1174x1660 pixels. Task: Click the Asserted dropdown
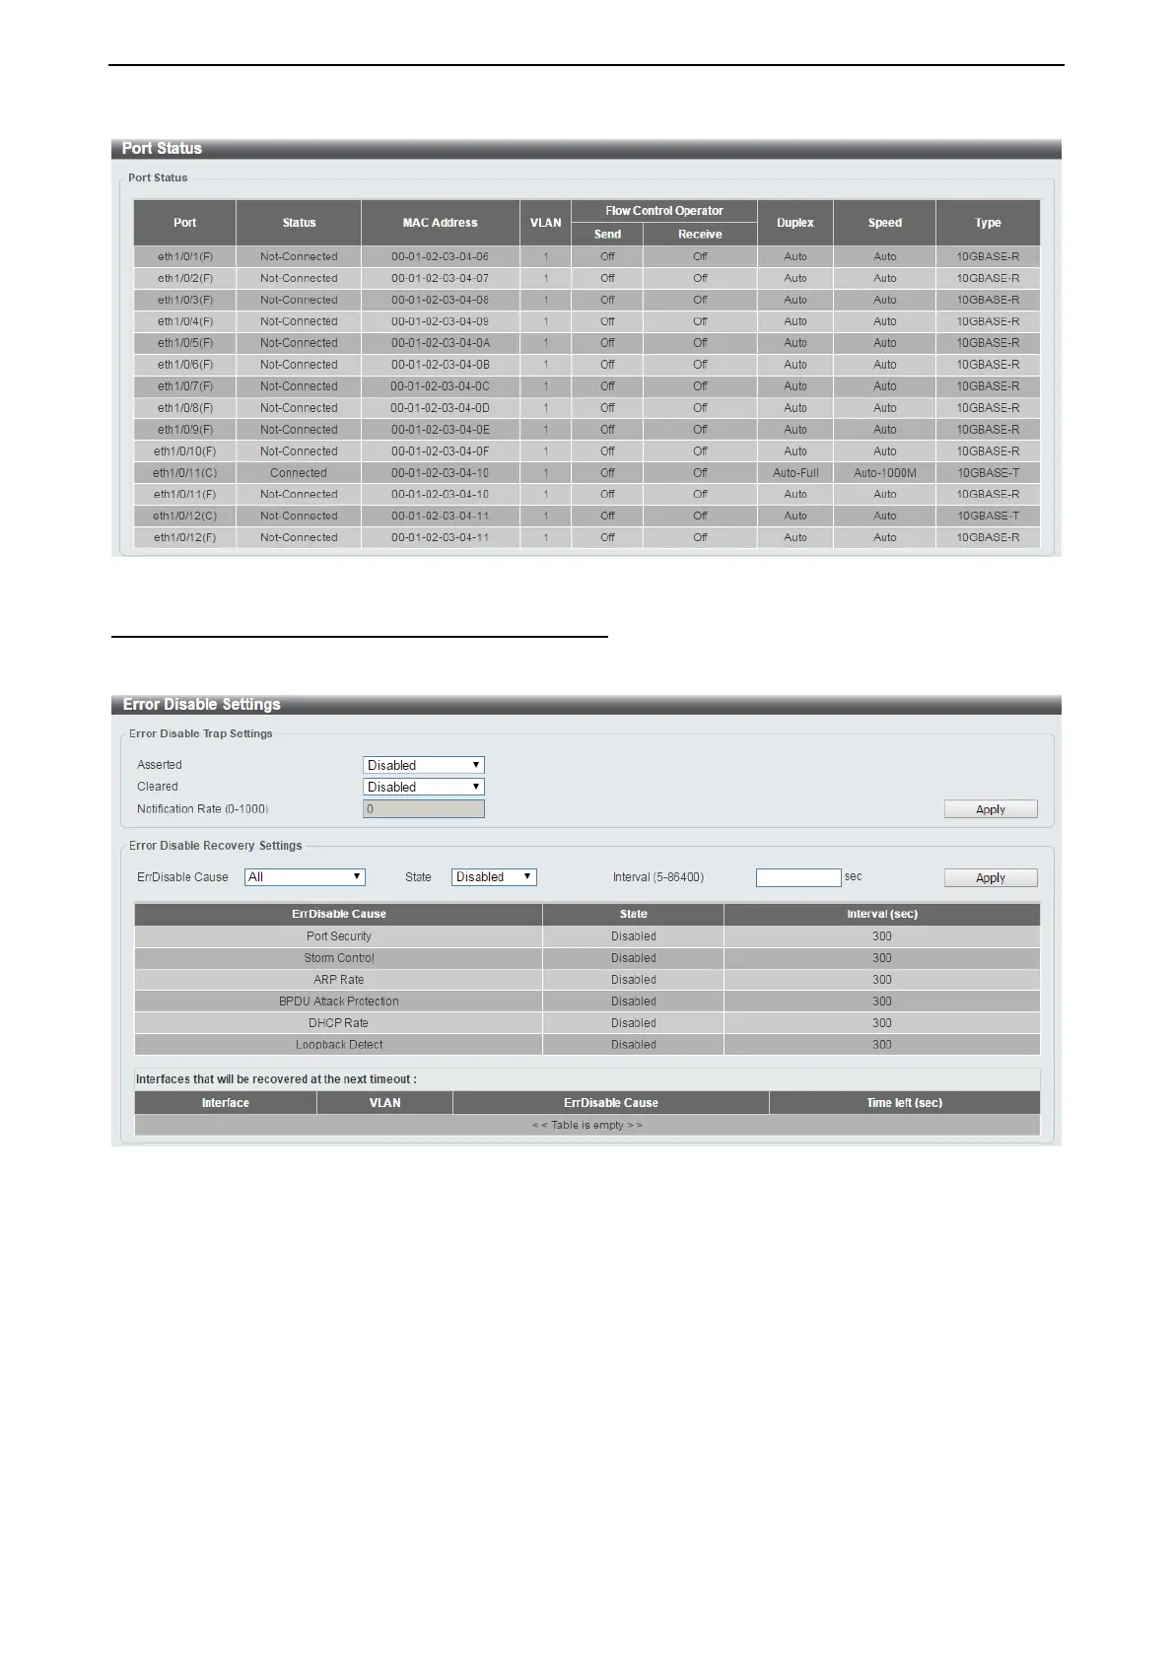tap(424, 765)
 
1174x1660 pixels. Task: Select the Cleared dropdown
tap(424, 787)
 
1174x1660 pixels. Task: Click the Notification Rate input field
tap(424, 809)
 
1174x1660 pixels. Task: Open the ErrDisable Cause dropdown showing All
tap(305, 877)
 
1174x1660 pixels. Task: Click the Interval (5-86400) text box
tap(798, 877)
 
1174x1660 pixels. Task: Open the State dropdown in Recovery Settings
tap(494, 877)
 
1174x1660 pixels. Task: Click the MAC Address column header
tap(440, 223)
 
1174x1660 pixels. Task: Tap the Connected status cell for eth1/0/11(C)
tap(299, 473)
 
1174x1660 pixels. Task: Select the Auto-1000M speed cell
tap(884, 473)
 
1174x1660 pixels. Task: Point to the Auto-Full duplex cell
tap(795, 473)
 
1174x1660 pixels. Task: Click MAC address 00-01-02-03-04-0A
tap(440, 343)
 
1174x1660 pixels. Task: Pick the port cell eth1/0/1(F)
tap(185, 256)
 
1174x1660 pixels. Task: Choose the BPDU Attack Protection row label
tap(338, 1002)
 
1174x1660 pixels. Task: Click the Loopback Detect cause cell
tap(338, 1045)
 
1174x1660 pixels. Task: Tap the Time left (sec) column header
tap(904, 1103)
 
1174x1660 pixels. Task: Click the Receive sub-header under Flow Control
tap(700, 235)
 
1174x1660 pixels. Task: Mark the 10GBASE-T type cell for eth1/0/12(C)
tap(988, 517)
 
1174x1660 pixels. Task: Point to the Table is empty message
tap(587, 1125)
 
